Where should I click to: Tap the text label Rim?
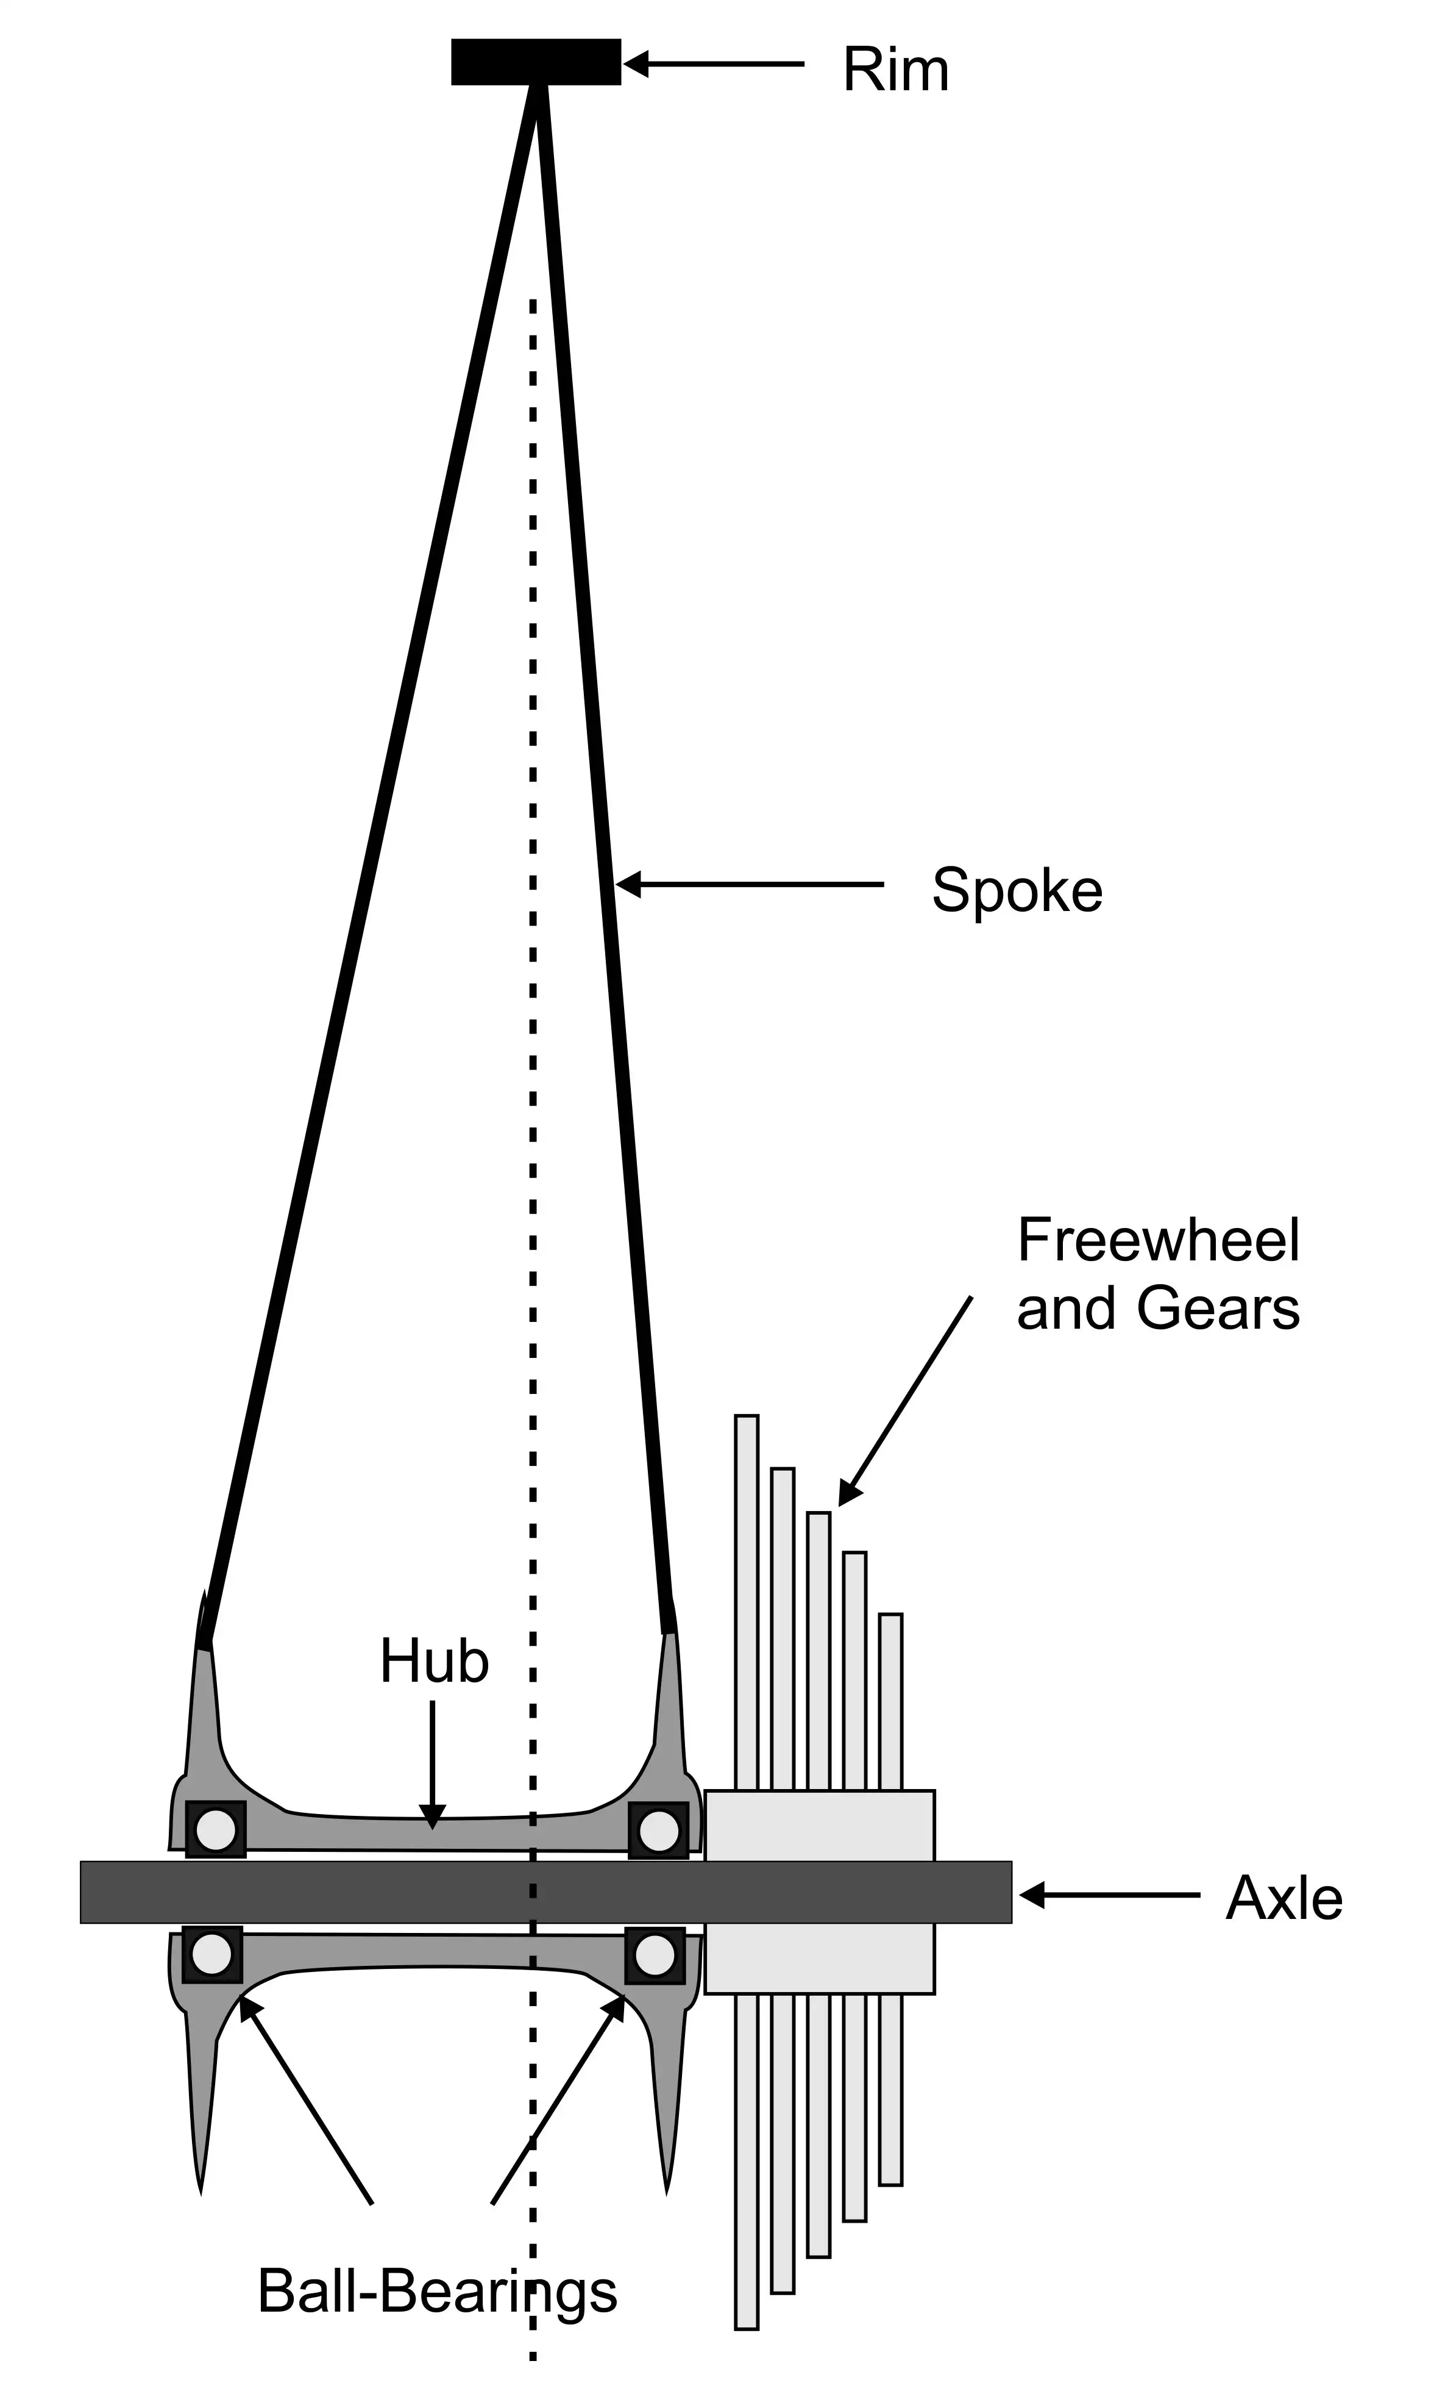pyautogui.click(x=896, y=70)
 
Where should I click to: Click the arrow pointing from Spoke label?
pyautogui.click(x=749, y=884)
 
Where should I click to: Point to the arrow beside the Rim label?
pyautogui.click(x=714, y=63)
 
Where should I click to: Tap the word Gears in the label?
pyautogui.click(x=1218, y=1309)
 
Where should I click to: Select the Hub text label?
pyautogui.click(x=434, y=1661)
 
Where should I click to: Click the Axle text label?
pyautogui.click(x=1284, y=1899)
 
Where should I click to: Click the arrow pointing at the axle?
pyautogui.click(x=1110, y=1895)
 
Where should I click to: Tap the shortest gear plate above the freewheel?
pyautogui.click(x=891, y=1701)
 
